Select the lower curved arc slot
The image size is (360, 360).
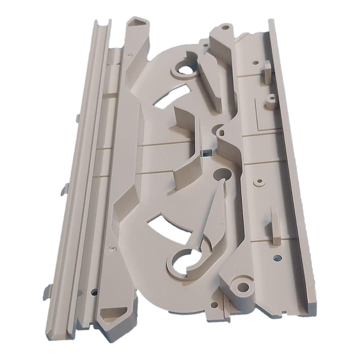[164, 225]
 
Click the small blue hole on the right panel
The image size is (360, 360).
[277, 258]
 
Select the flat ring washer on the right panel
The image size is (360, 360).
[259, 181]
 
